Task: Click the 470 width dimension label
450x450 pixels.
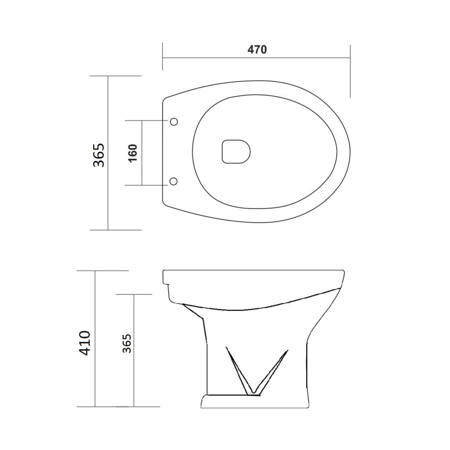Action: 257,50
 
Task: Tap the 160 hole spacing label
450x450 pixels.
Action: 133,153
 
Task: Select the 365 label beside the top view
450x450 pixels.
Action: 99,155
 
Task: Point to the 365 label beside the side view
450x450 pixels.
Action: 127,343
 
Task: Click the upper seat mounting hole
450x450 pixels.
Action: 174,122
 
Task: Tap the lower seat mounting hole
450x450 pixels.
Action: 174,181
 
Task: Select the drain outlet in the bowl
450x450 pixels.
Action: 236,152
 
